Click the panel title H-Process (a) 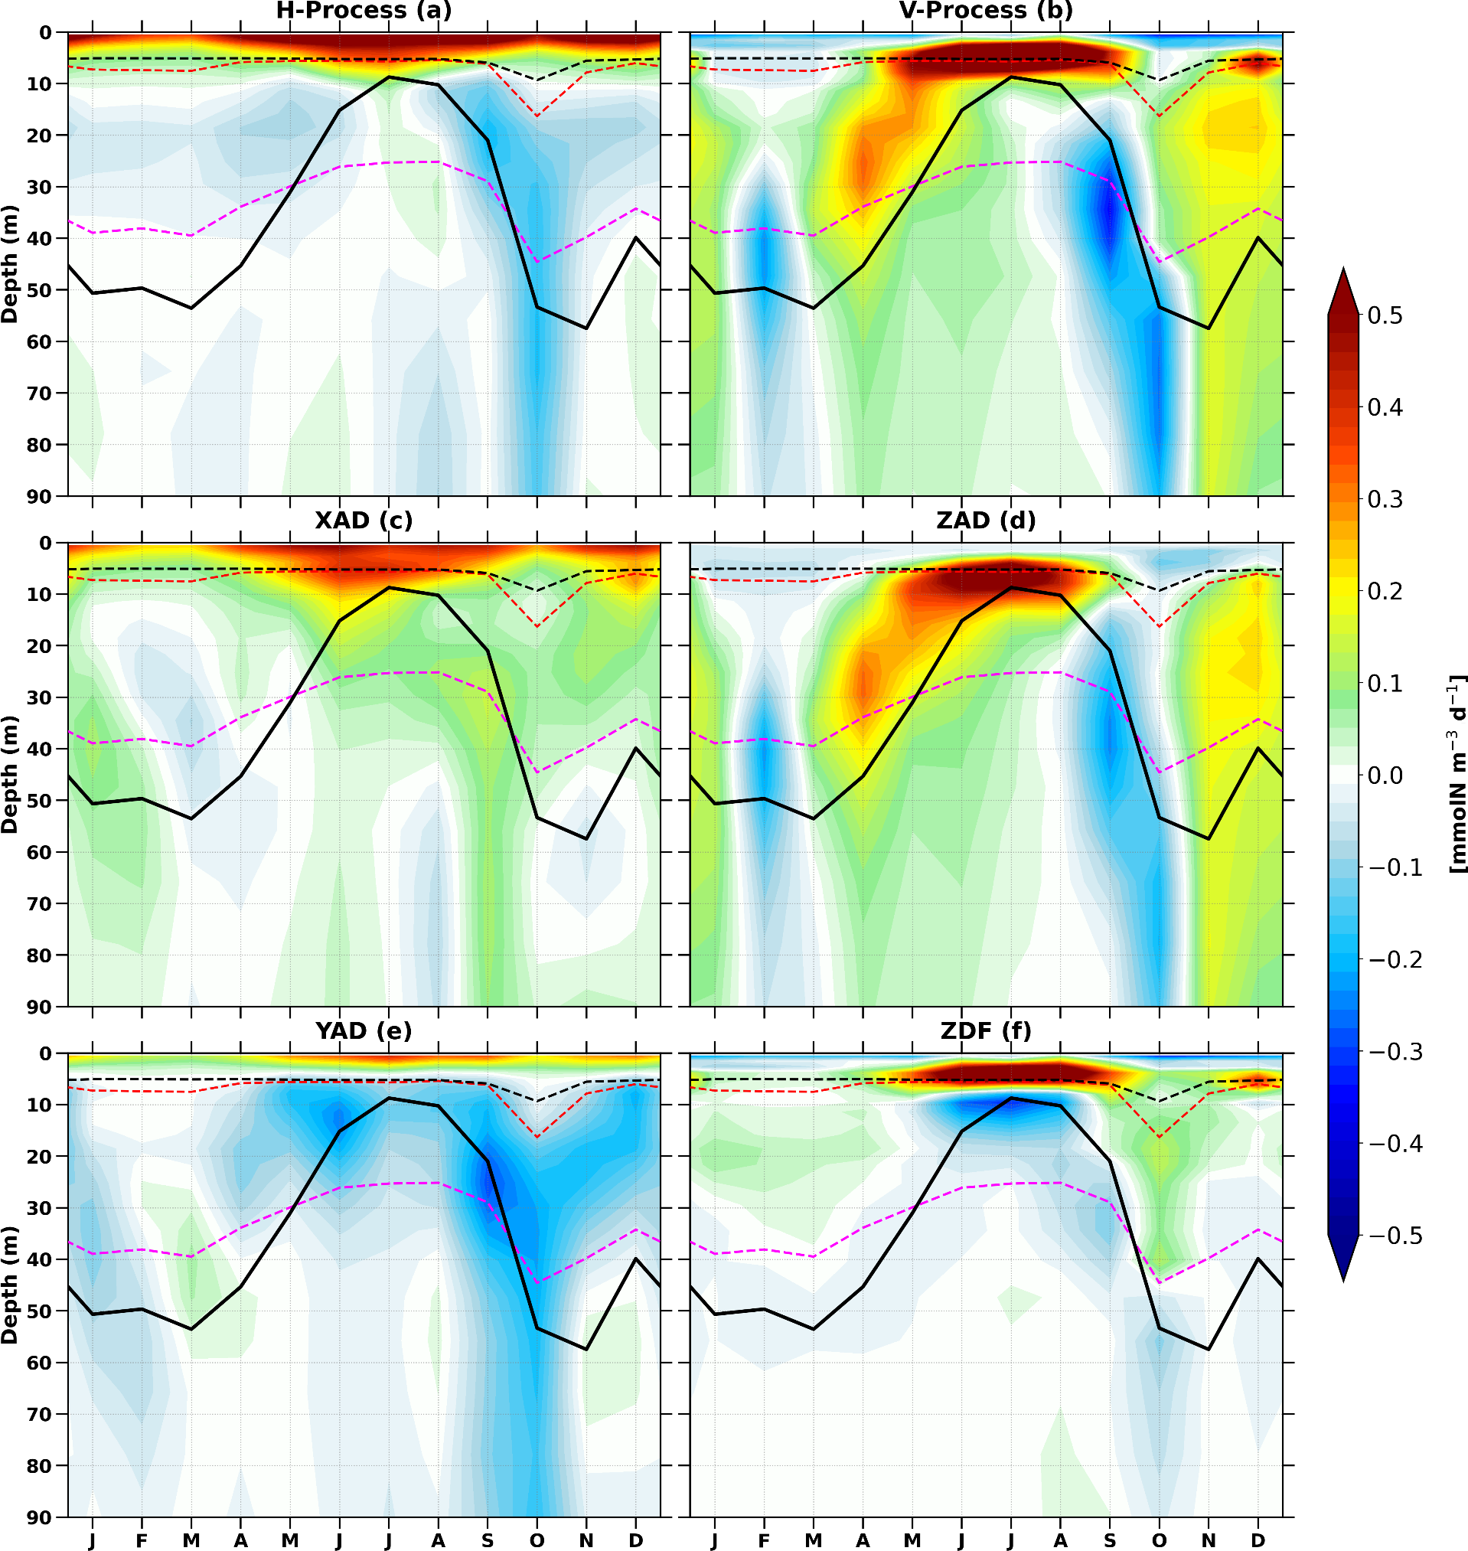[364, 11]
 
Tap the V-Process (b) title [986, 11]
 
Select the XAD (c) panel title [364, 521]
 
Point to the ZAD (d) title [986, 521]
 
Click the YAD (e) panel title [364, 1030]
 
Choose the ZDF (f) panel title [986, 1030]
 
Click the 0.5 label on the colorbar [1385, 316]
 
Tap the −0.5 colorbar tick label [1395, 1236]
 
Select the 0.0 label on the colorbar [1385, 775]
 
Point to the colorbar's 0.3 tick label [1385, 500]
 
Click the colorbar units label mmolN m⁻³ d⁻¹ [1457, 775]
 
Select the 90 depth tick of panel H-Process [41, 496]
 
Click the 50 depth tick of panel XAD [41, 801]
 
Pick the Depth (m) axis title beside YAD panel [10, 1285]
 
